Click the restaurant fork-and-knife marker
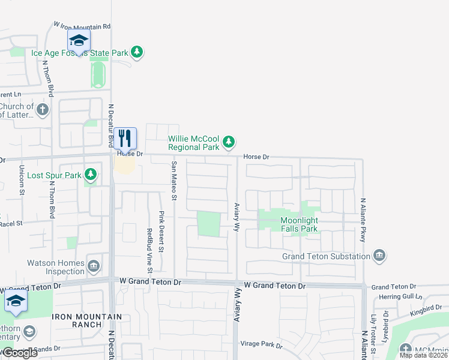pos(125,139)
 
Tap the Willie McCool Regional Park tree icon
pos(228,142)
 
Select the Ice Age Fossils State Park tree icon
pos(137,52)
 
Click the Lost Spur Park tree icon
pos(90,175)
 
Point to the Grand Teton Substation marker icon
pos(379,256)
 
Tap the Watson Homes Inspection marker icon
pos(94,266)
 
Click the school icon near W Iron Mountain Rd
pos(79,41)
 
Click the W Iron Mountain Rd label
pos(82,26)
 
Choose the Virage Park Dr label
pos(261,344)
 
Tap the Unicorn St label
pos(21,180)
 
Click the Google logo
pos(19,352)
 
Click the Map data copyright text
pos(423,355)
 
